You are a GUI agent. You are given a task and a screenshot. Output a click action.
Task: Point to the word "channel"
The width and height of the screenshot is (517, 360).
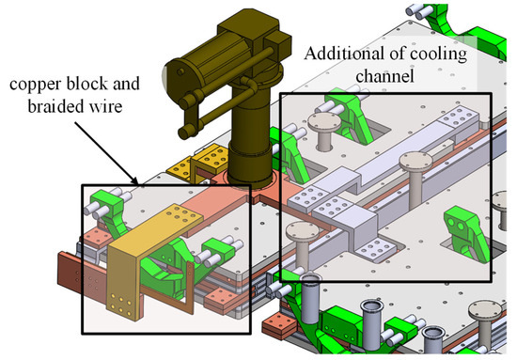click(384, 76)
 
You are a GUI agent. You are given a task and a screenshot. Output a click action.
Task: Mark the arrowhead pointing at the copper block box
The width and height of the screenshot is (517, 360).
click(133, 180)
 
